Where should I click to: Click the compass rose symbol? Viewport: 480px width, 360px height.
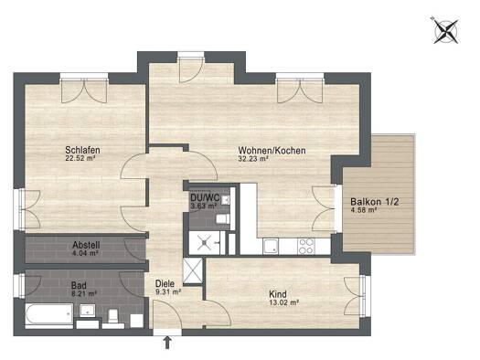(x=446, y=31)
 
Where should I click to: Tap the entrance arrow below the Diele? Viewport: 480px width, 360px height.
(x=167, y=343)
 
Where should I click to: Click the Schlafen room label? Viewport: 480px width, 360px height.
(x=82, y=150)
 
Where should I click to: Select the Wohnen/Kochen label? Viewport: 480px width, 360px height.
(x=272, y=151)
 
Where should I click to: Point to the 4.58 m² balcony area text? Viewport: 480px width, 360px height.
(x=363, y=210)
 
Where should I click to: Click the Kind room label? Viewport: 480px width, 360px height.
(x=278, y=294)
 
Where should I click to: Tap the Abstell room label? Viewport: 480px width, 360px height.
(x=86, y=245)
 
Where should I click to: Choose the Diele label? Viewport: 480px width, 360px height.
(x=165, y=283)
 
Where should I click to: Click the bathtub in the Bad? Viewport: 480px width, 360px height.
(x=49, y=314)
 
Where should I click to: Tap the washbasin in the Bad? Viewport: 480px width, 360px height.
(x=88, y=311)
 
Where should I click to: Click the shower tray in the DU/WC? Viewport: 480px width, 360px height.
(x=204, y=243)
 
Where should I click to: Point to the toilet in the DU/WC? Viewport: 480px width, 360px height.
(x=223, y=218)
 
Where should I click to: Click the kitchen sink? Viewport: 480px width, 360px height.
(x=271, y=247)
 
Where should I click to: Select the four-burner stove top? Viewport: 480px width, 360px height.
(x=306, y=247)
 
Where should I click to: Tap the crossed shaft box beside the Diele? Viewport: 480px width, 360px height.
(x=193, y=271)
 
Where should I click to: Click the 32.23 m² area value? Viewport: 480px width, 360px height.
(x=253, y=159)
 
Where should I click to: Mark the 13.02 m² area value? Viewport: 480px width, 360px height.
(x=283, y=302)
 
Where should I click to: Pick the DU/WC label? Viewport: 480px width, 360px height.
(x=205, y=197)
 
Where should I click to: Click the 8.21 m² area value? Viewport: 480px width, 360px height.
(x=83, y=294)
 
